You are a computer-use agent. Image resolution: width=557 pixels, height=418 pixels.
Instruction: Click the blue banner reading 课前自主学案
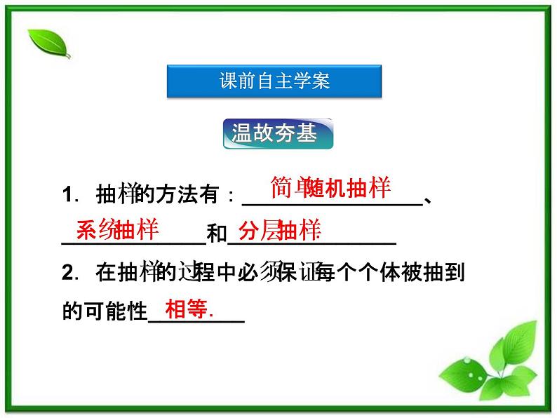click(x=274, y=81)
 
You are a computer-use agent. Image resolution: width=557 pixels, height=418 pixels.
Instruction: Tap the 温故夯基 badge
click(x=278, y=133)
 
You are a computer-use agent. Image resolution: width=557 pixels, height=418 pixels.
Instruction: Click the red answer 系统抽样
click(x=117, y=229)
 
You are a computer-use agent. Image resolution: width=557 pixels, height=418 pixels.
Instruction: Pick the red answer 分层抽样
click(x=279, y=230)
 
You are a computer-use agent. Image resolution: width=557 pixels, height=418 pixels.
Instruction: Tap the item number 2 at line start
click(x=68, y=272)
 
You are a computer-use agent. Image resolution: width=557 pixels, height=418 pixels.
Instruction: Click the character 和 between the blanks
click(x=217, y=234)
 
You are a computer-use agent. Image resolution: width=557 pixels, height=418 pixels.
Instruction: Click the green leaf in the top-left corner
click(x=48, y=43)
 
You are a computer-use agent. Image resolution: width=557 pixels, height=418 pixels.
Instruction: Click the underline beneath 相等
click(x=197, y=322)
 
